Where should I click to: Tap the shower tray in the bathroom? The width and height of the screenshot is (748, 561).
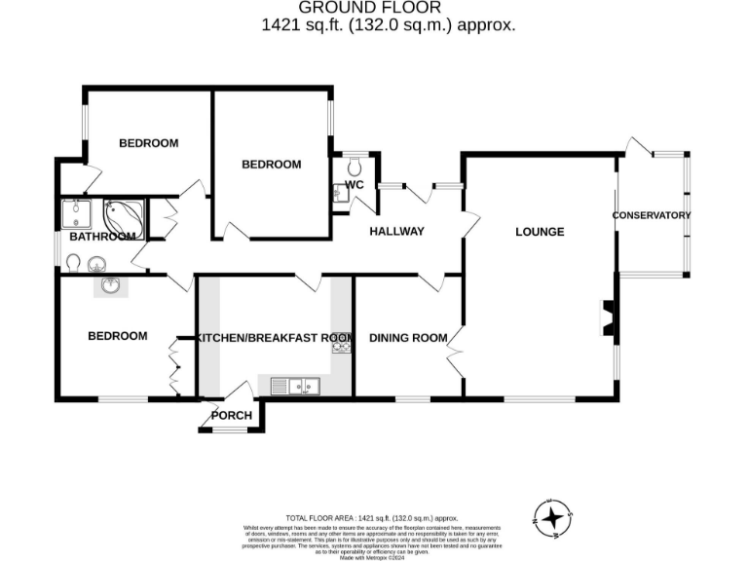coord(74,212)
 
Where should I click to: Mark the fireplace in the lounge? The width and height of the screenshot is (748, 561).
coord(607,319)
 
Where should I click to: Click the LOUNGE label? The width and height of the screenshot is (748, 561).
coord(540,232)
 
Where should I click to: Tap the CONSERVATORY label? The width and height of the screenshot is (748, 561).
coord(652,215)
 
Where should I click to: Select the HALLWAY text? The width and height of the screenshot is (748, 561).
coord(396,232)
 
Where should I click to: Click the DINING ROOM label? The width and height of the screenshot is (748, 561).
coord(407,338)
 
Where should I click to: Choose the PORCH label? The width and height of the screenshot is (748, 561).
coord(232,416)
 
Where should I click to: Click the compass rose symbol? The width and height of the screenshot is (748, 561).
coord(552,516)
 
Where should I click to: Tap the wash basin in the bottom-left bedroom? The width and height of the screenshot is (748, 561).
coord(109,286)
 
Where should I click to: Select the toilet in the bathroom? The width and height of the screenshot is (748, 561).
coord(74,262)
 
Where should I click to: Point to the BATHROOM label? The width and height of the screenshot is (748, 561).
coord(101,237)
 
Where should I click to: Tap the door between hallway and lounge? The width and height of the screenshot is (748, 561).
coord(472,225)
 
